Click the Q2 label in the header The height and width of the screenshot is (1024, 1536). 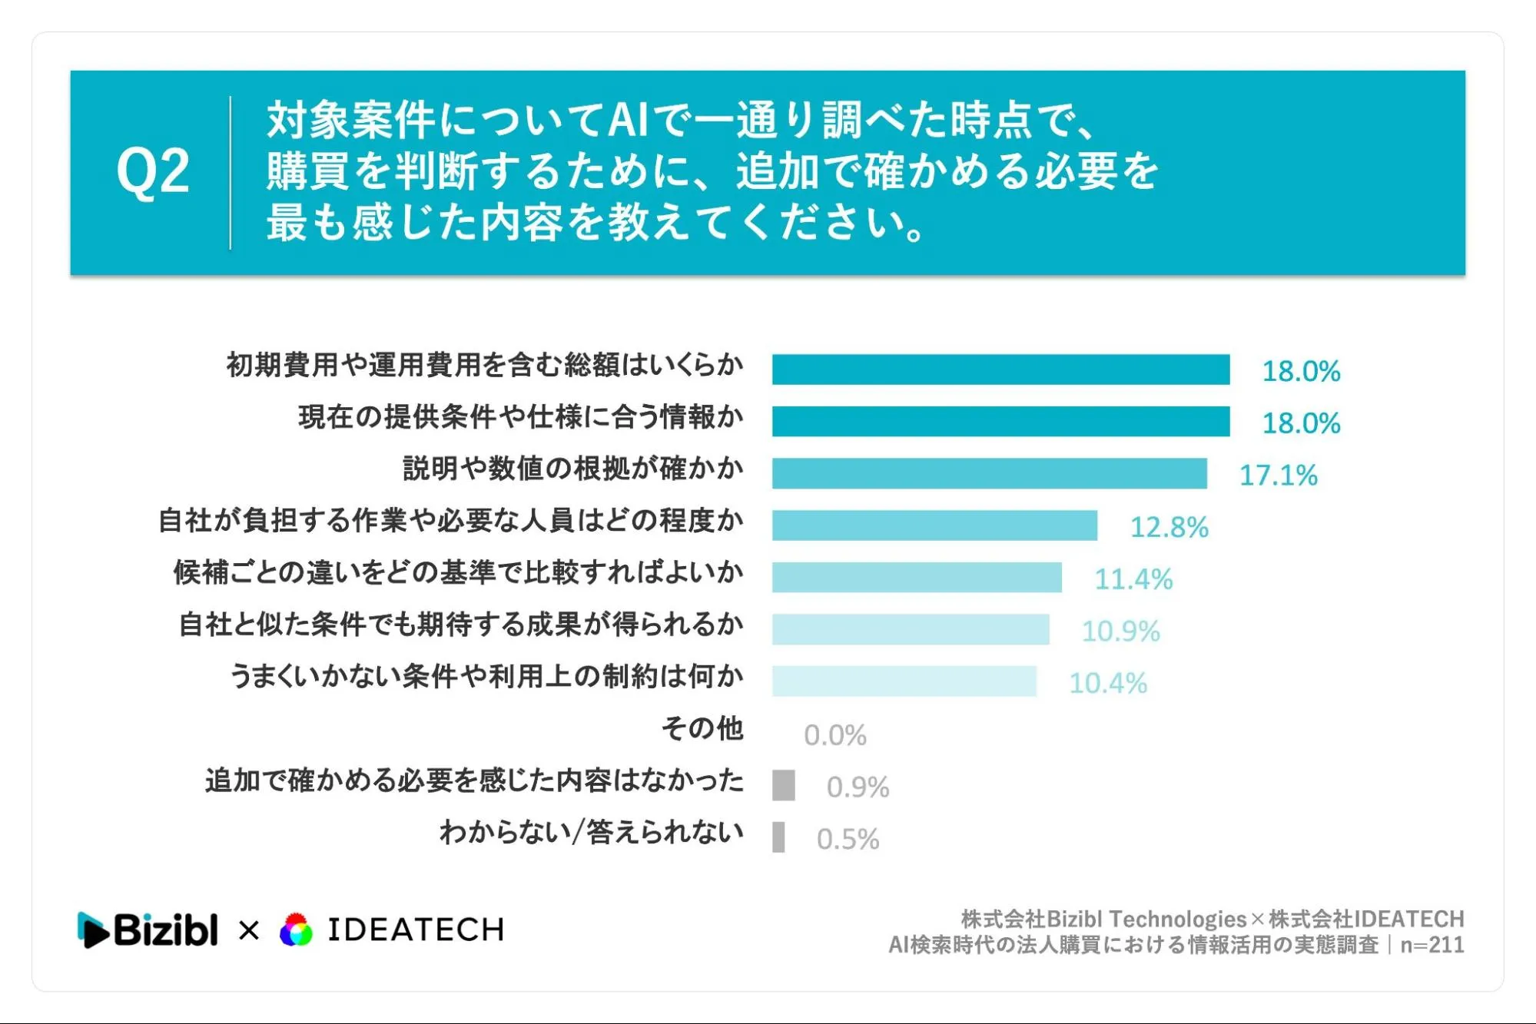coord(153,171)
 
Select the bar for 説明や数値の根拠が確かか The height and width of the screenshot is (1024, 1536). coord(990,473)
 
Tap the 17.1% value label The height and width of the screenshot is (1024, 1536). coord(1279,475)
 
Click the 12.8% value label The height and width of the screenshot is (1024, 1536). coord(1169,527)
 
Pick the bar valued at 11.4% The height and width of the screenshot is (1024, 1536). coord(917,577)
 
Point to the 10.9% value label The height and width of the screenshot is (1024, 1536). coord(1120,631)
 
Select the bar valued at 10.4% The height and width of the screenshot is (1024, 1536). coord(904,681)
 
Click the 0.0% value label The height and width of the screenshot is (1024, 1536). coord(835,735)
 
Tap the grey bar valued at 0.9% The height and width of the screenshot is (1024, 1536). coord(784,785)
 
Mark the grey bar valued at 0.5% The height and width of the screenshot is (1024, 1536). coord(778,837)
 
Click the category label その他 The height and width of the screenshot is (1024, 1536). coord(702,727)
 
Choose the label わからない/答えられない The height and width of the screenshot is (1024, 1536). coord(592,832)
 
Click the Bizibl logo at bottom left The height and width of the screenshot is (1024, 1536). coord(148,930)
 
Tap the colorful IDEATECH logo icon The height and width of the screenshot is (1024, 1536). coord(297,930)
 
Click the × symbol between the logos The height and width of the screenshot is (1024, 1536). coord(249,931)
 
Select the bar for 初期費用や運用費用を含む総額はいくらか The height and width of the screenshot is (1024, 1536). coord(1001,370)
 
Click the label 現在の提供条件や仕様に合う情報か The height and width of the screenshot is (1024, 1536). coord(521,416)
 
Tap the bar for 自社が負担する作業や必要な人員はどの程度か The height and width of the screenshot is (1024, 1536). coord(935,525)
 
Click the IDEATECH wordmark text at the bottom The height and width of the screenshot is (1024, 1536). coord(416,930)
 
